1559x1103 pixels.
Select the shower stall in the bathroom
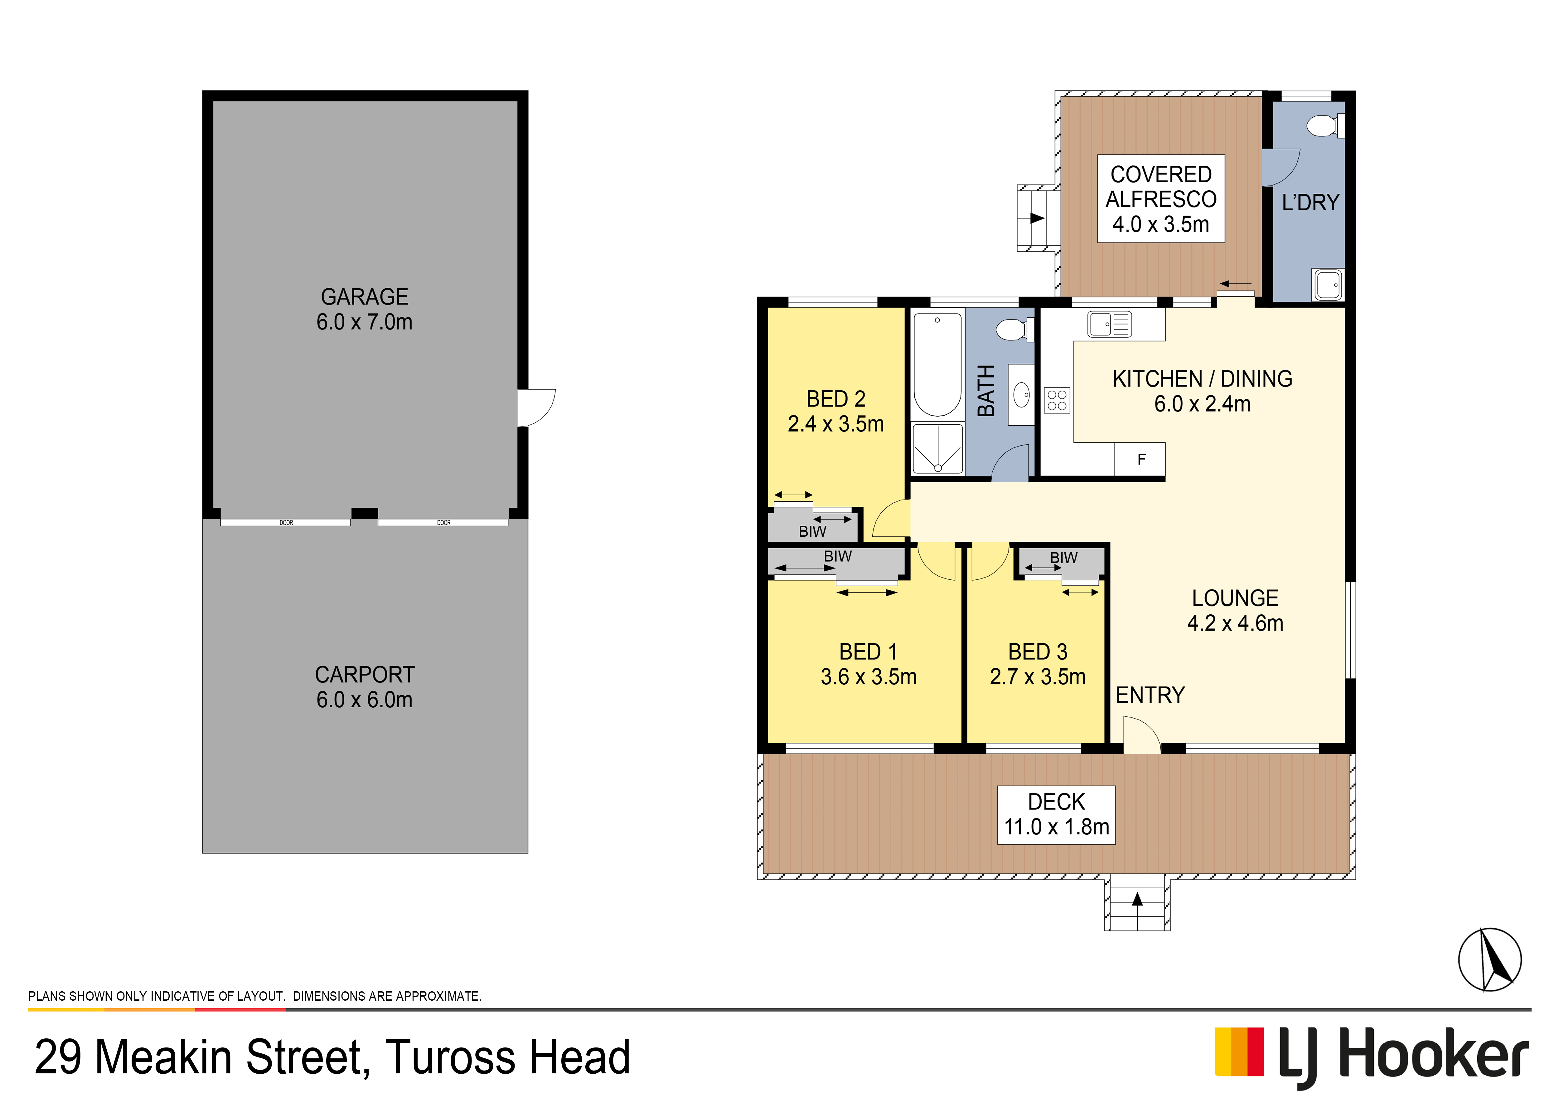coord(938,448)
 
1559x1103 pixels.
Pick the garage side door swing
coord(536,408)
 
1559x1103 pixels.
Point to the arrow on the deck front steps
coord(1137,899)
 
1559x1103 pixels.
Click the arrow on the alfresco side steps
coord(1037,218)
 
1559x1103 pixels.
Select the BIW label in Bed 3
coord(1063,558)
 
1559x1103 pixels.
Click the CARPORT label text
coord(365,674)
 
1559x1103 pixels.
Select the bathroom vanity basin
coord(1021,395)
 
